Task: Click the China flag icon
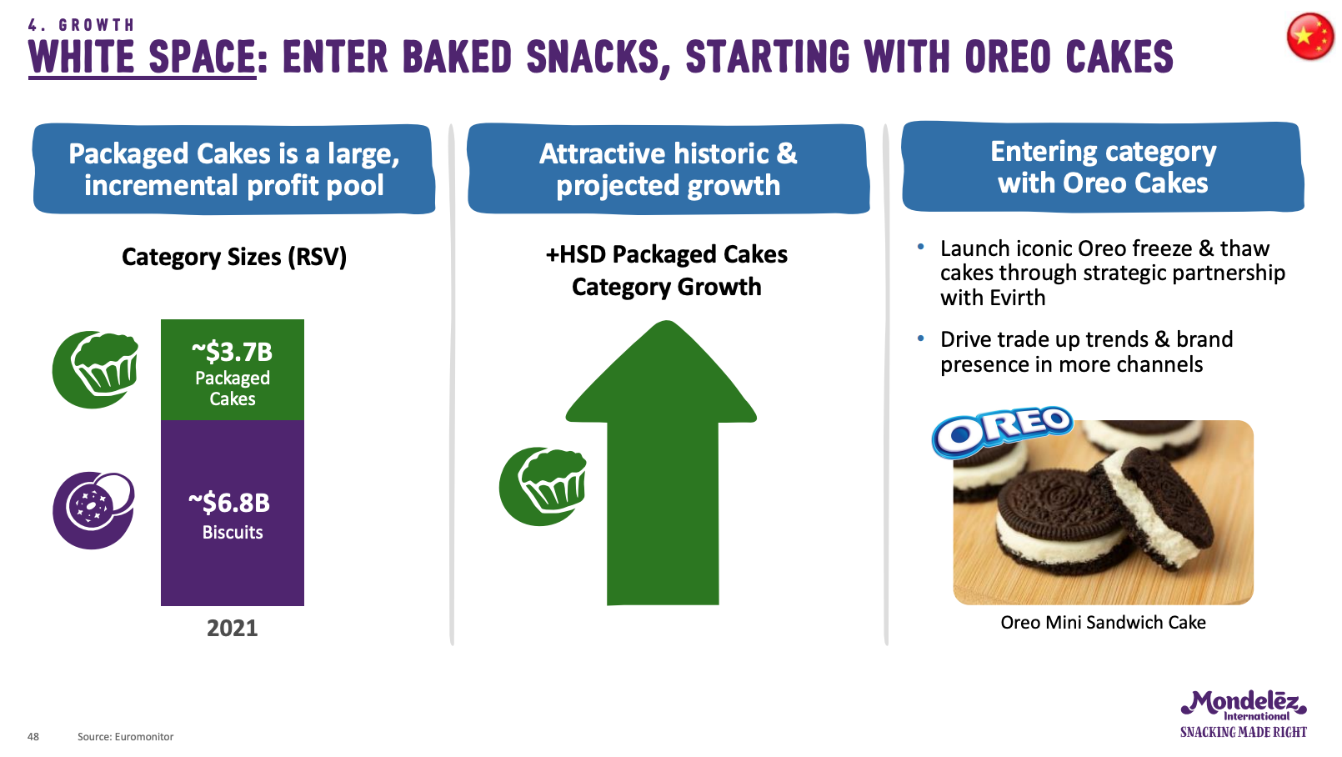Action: click(x=1310, y=38)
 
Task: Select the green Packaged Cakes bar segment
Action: click(x=233, y=370)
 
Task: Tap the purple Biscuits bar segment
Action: click(x=233, y=513)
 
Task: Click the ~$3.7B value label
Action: click(x=232, y=352)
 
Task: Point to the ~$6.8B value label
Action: click(x=229, y=503)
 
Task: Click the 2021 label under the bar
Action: click(x=232, y=628)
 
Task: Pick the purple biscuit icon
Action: click(x=93, y=510)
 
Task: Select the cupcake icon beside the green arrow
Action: click(x=543, y=487)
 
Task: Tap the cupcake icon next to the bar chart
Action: click(x=96, y=369)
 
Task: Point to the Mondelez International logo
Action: click(x=1244, y=714)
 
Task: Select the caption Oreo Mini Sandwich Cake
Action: click(x=1103, y=622)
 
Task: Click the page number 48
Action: click(x=33, y=737)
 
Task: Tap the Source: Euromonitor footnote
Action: click(x=125, y=737)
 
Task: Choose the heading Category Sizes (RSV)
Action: click(x=234, y=257)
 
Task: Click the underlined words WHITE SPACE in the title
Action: click(x=143, y=58)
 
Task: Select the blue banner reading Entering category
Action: click(x=1103, y=167)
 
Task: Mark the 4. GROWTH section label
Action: click(x=81, y=24)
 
